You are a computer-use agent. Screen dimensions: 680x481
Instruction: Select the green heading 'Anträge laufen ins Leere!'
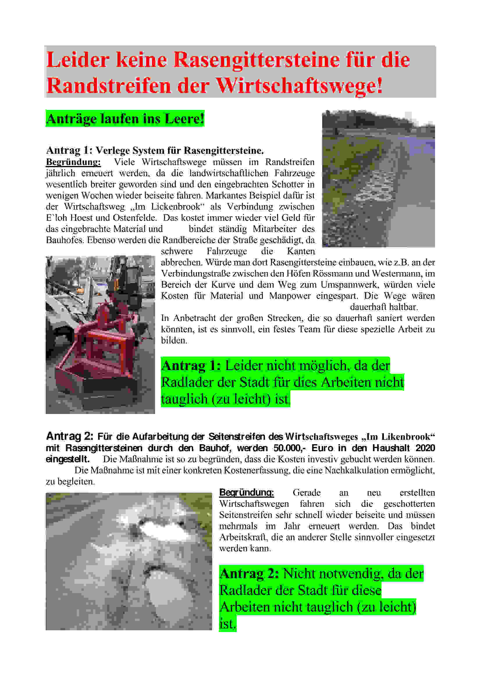pyautogui.click(x=125, y=119)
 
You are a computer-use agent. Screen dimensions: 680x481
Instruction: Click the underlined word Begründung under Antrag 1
pyautogui.click(x=73, y=162)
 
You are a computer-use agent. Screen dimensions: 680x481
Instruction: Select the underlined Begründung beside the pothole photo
pyautogui.click(x=246, y=492)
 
